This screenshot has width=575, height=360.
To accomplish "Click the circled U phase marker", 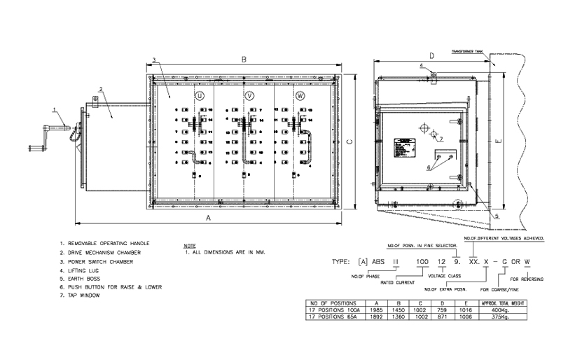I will click(200, 95).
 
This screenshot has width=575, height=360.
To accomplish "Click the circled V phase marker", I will click(250, 95).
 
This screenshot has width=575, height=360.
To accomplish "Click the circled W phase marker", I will click(300, 95).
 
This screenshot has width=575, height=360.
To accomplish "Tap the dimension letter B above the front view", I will click(244, 60).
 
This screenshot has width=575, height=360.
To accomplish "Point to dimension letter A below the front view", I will click(207, 219).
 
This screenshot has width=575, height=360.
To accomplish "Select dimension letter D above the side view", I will click(432, 55).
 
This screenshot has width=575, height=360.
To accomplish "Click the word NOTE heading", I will click(188, 246).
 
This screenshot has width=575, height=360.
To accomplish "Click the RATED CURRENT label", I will click(397, 282).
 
